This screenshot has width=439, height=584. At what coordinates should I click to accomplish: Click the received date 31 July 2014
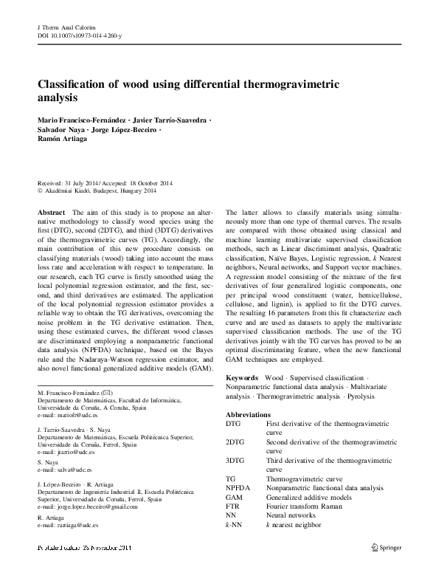(85, 183)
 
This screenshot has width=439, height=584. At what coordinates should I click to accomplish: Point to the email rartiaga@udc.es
(75, 525)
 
